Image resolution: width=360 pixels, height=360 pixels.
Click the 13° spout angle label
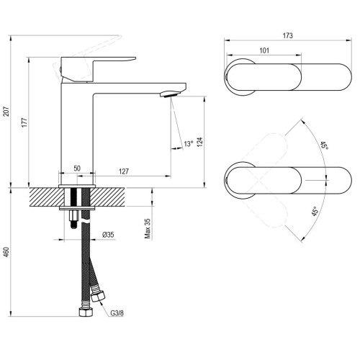click(188, 144)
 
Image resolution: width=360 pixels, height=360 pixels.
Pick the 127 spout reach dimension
click(124, 171)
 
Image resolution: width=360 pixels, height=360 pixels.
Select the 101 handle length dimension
click(264, 51)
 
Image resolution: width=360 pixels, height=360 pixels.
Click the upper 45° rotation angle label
click(324, 146)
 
